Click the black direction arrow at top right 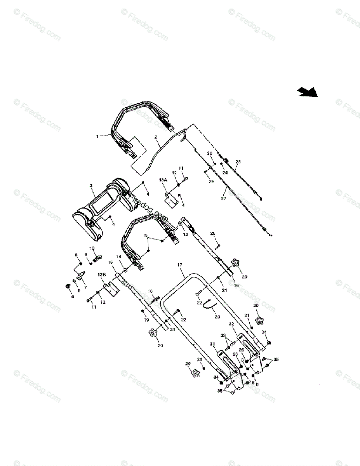pos(308,92)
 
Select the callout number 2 pos(155,137)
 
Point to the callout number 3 pos(91,186)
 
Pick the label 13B pos(102,274)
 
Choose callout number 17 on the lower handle pos(179,265)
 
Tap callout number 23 pos(217,316)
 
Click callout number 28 pos(238,161)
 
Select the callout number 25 pos(212,233)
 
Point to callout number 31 pos(212,343)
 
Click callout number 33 pos(223,335)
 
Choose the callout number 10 pos(92,248)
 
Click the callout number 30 pos(210,153)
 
